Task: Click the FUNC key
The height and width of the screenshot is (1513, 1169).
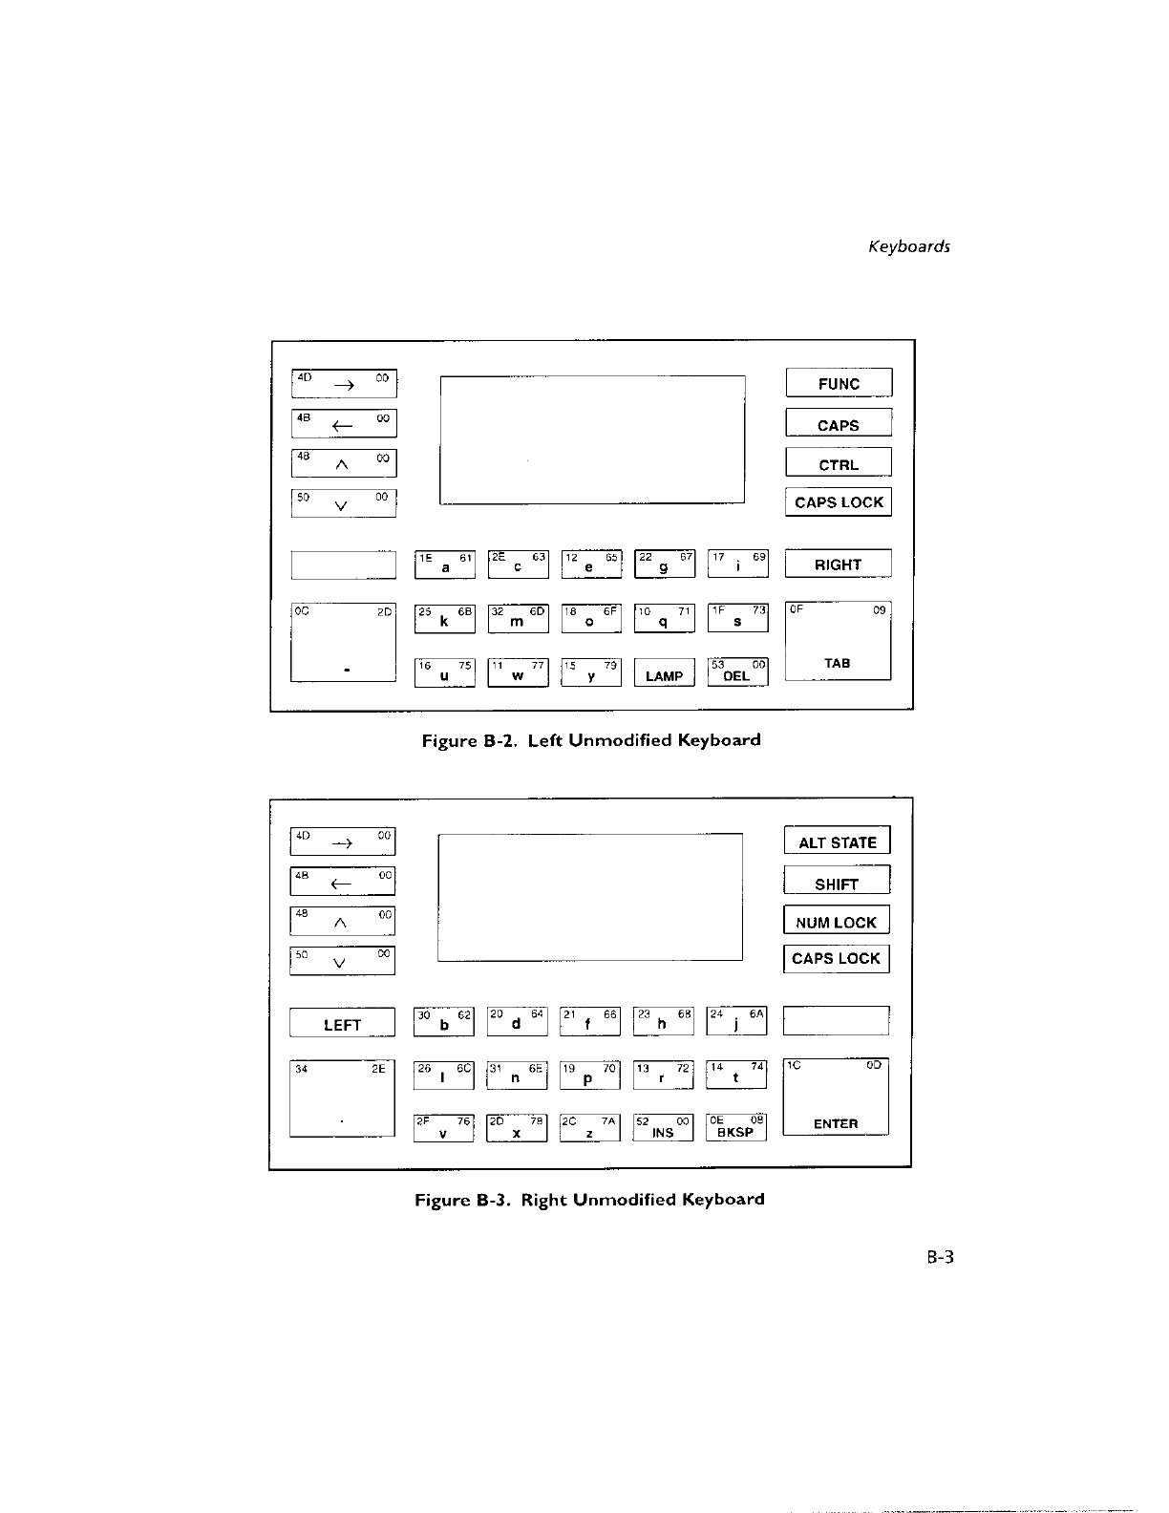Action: (839, 383)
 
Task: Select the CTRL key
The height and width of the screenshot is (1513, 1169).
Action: (839, 463)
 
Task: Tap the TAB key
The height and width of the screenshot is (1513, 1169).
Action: (838, 641)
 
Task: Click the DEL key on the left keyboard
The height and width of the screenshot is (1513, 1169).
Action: (737, 672)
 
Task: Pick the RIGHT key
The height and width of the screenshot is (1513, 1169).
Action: (838, 564)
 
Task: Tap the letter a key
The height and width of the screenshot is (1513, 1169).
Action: (445, 565)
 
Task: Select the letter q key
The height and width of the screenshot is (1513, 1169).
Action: (664, 619)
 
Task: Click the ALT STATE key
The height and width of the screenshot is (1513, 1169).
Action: (837, 842)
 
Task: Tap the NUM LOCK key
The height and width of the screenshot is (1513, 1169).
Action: (836, 921)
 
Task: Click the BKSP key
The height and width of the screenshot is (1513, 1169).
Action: (735, 1128)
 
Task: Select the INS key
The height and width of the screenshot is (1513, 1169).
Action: (663, 1128)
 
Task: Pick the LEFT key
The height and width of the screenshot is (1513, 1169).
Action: (342, 1023)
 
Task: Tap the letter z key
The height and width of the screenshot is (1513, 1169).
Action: (590, 1128)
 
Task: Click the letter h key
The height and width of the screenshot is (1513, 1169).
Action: (663, 1021)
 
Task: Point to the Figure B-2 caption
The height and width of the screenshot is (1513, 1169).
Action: (591, 740)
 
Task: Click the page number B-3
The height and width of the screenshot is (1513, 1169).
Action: (940, 1257)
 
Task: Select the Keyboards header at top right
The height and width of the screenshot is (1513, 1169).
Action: (908, 246)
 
